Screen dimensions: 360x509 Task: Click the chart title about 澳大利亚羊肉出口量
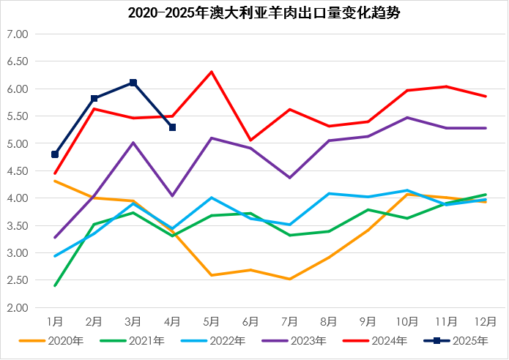coord(254,13)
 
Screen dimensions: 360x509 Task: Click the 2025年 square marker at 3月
coord(133,83)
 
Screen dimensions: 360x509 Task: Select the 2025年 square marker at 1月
coord(55,154)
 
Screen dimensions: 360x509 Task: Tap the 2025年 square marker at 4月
coord(172,127)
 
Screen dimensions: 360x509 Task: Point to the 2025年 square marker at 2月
coord(94,98)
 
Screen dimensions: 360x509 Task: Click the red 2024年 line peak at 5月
coord(212,72)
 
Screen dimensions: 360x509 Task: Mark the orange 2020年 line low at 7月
coord(290,279)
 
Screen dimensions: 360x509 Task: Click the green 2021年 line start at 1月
coord(55,285)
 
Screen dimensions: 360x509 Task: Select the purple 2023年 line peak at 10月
coord(407,117)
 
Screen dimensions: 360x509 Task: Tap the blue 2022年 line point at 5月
coord(212,198)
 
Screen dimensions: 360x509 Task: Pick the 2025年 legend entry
coord(458,340)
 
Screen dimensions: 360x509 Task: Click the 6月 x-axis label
coord(250,321)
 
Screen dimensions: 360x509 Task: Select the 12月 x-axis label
coord(486,321)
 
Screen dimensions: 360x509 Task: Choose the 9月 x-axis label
coord(368,321)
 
